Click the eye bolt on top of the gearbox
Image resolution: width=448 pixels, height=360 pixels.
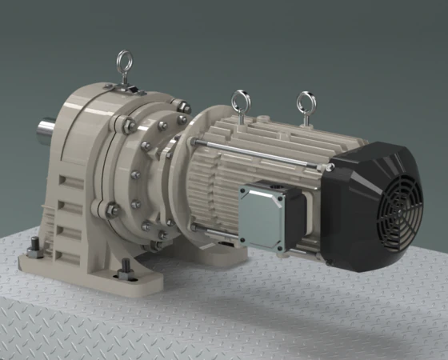pos(124,61)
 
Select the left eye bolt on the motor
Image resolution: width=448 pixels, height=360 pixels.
pos(238,101)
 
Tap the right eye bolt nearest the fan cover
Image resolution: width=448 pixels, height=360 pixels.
pos(306,102)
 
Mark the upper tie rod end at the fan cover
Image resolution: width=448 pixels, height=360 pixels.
pos(329,168)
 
